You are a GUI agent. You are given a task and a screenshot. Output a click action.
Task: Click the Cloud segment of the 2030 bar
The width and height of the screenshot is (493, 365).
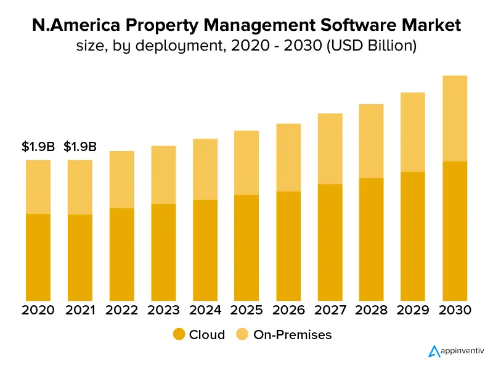(x=455, y=231)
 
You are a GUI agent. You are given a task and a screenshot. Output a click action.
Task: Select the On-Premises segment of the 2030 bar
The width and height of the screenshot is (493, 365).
(x=455, y=118)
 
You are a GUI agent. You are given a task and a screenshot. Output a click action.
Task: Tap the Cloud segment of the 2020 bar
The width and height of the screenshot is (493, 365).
(x=38, y=257)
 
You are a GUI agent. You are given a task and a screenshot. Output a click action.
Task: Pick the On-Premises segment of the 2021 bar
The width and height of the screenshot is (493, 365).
(x=80, y=187)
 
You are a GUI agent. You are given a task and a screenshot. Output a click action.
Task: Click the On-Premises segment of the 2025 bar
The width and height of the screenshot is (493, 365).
(x=246, y=163)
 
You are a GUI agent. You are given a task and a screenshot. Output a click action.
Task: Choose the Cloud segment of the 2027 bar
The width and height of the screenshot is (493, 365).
(x=330, y=242)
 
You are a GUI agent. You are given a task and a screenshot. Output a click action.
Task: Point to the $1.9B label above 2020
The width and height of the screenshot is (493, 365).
(x=38, y=147)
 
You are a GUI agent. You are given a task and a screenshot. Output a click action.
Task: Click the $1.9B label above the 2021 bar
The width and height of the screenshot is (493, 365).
(x=80, y=147)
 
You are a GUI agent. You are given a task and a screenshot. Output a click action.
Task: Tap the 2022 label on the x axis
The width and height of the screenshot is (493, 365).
(x=121, y=310)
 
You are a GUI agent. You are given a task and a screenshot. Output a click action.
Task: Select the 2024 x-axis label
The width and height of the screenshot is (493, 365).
(x=205, y=310)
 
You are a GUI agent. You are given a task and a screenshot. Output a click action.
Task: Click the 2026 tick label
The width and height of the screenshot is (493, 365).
(x=288, y=310)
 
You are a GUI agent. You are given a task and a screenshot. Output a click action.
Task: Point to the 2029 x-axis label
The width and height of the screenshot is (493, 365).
(x=413, y=310)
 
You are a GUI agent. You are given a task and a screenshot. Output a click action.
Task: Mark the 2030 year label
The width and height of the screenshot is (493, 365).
(x=455, y=310)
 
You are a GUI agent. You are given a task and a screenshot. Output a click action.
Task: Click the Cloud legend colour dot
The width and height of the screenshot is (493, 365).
(x=179, y=335)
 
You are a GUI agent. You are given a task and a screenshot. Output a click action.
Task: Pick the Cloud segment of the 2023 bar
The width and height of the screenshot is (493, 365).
(x=163, y=252)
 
